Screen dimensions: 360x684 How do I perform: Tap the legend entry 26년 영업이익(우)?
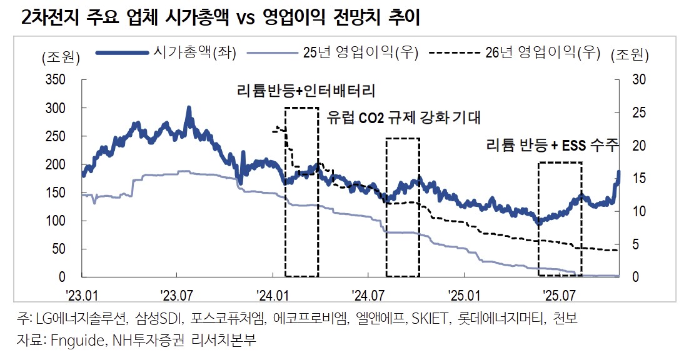[541, 53]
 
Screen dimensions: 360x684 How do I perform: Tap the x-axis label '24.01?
[273, 293]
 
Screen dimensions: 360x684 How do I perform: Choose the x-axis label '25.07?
[558, 293]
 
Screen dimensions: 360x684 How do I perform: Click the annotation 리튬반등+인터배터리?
[306, 91]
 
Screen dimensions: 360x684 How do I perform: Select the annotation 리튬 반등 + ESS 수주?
[552, 146]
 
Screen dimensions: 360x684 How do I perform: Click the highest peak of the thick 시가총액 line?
[189, 109]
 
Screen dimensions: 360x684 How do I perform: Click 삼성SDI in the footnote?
[158, 319]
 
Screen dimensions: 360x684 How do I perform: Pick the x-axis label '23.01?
[82, 293]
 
